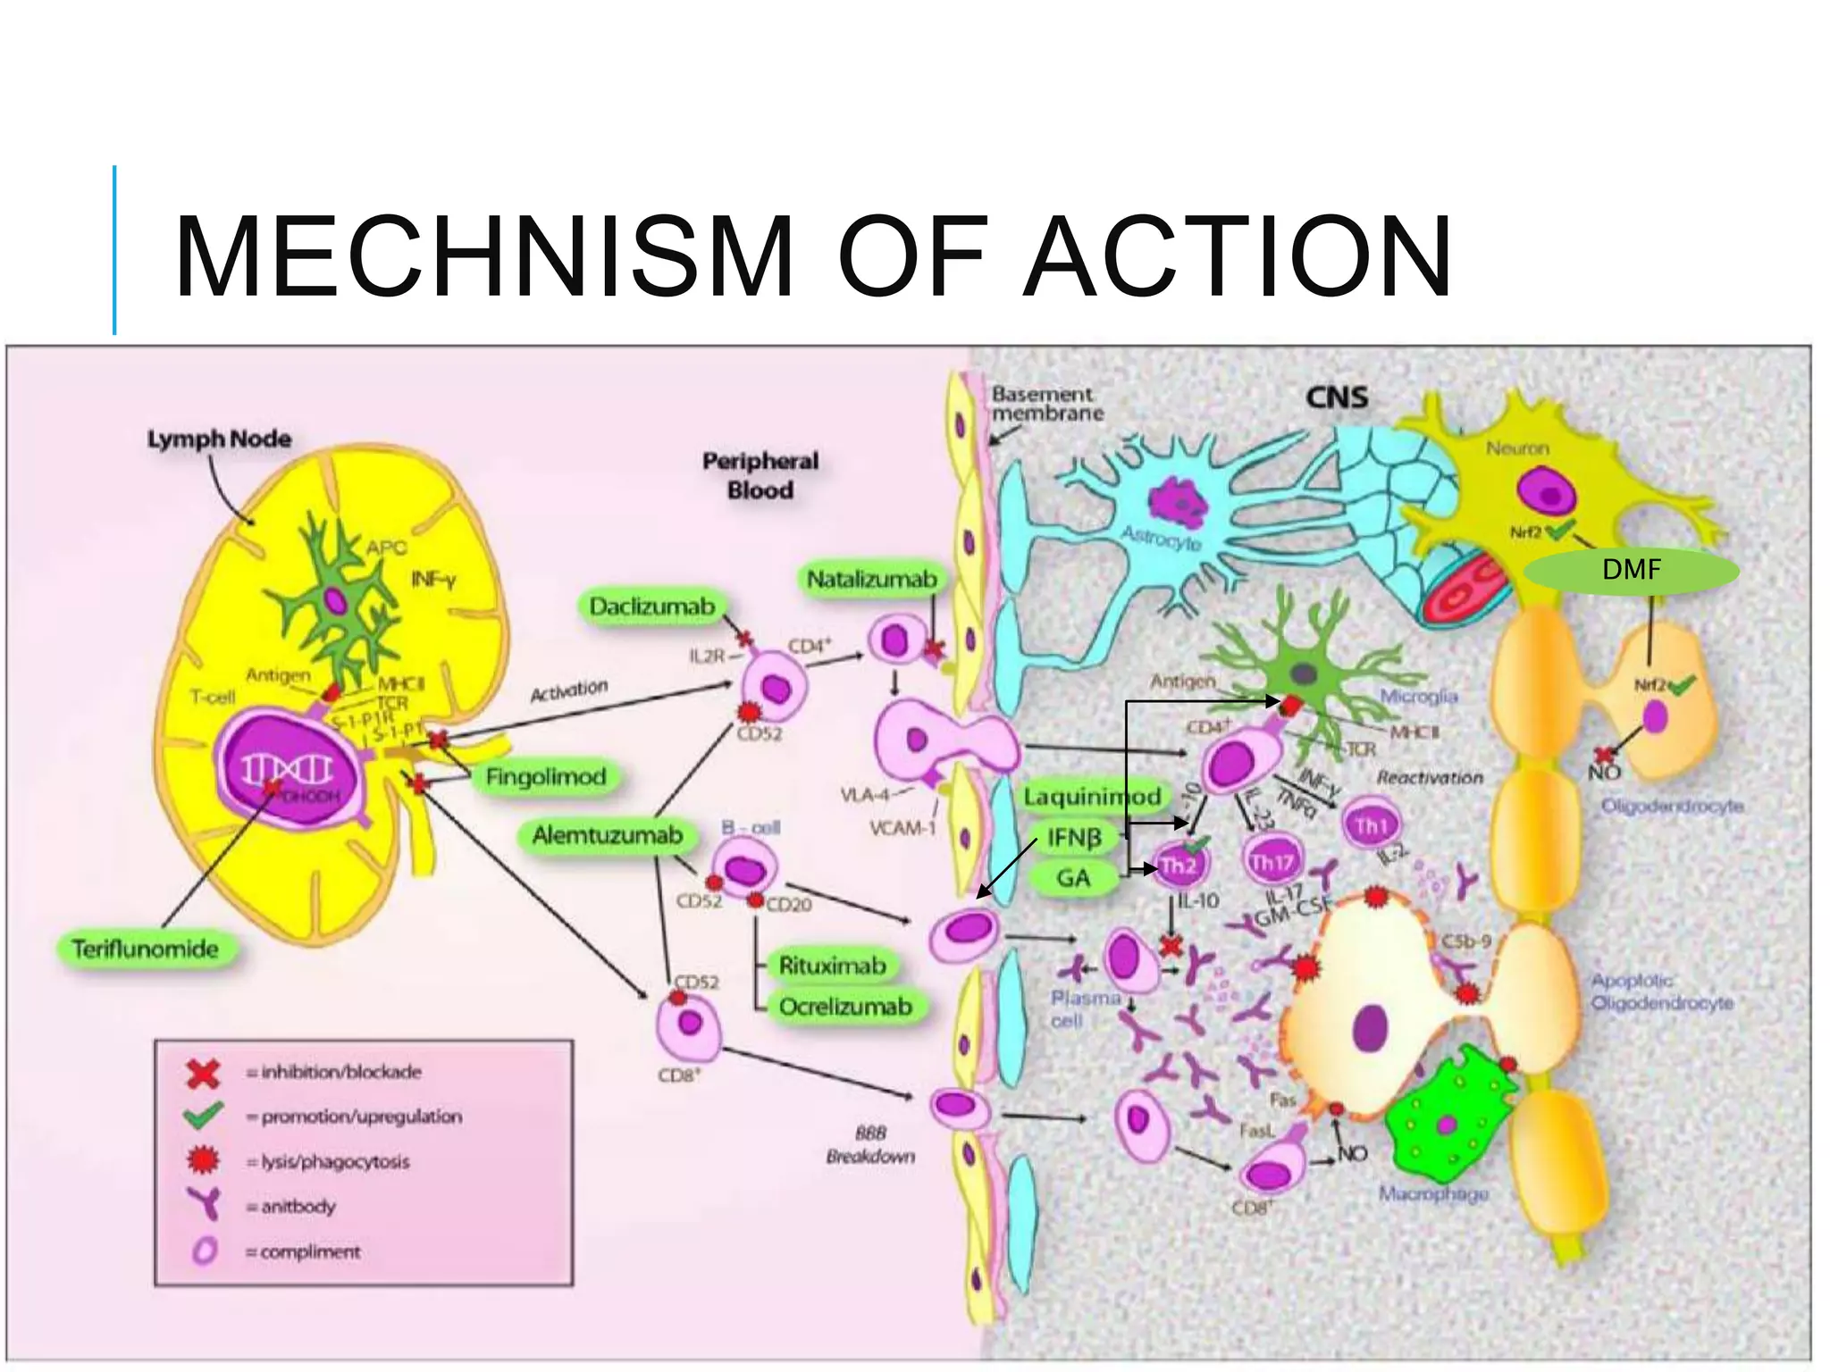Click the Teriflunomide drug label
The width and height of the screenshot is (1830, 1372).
146,949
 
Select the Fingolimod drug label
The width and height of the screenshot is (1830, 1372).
546,777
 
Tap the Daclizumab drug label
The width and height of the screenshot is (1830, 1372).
652,607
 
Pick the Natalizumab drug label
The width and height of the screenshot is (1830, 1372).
871,580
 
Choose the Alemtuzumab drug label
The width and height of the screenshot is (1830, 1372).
607,836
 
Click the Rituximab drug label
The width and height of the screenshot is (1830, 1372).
832,966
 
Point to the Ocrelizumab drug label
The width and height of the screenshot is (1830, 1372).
845,1007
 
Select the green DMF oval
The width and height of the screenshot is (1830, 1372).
1632,570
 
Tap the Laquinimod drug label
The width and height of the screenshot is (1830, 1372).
1092,797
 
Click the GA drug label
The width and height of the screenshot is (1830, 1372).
1073,878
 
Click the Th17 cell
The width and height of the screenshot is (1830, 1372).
1272,862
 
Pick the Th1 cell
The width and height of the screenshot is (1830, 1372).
1371,826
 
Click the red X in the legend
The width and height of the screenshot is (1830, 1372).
203,1073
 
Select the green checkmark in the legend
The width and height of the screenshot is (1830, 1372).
203,1116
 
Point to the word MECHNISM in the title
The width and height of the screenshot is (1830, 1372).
483,256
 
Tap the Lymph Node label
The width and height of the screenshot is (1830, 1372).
219,439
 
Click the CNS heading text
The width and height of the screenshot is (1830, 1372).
1337,397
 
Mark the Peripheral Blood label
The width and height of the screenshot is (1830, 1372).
760,475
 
